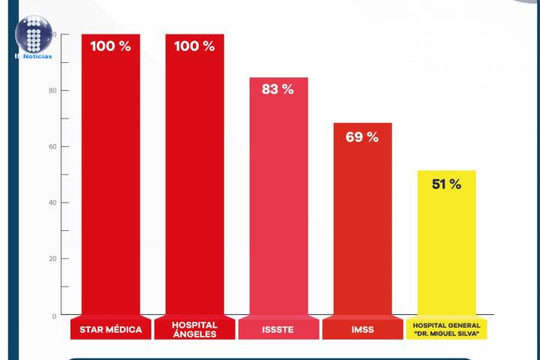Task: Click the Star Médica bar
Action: (110, 180)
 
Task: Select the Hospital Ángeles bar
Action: (194, 180)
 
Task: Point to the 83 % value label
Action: (277, 89)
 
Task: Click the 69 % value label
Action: (362, 137)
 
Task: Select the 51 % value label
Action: (446, 184)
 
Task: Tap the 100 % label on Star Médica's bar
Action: (110, 46)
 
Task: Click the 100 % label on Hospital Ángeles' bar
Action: (194, 46)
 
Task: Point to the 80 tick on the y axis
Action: (52, 91)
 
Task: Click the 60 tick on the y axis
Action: (52, 146)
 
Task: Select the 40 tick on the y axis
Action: (52, 202)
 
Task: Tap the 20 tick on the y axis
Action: (52, 259)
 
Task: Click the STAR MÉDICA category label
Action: (110, 329)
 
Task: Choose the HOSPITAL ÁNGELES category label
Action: (194, 329)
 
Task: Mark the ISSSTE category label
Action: (278, 329)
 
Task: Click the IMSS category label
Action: (362, 329)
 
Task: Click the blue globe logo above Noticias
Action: (33, 34)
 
